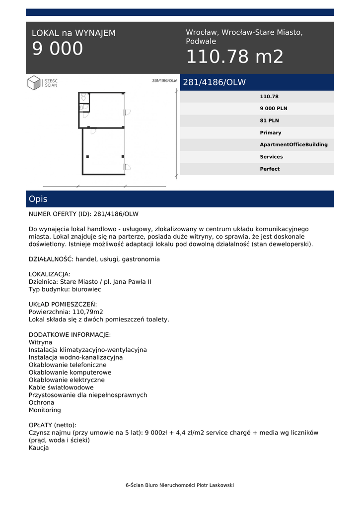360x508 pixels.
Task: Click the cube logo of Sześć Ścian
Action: click(34, 82)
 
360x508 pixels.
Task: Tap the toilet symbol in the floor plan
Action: click(83, 97)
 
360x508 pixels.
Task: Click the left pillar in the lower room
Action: click(87, 157)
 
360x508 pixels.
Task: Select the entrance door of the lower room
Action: click(127, 167)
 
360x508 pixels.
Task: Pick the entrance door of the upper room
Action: click(127, 112)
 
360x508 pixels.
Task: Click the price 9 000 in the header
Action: click(58, 49)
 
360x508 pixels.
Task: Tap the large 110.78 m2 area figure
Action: click(234, 57)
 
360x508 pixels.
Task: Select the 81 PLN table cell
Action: click(269, 121)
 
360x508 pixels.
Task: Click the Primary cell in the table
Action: click(270, 132)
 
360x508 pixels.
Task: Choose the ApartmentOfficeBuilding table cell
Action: click(293, 145)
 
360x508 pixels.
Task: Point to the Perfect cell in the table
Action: click(270, 169)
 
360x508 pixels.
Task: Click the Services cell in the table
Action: click(271, 157)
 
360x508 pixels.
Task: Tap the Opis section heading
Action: click(38, 199)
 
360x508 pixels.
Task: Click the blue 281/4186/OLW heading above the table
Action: click(215, 82)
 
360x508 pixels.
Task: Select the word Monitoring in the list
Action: click(45, 410)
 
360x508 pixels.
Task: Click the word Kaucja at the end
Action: click(39, 447)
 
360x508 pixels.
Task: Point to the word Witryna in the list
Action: click(40, 342)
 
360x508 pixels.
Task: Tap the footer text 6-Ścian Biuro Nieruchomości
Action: click(180, 485)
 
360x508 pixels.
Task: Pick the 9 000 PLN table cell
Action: click(274, 109)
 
